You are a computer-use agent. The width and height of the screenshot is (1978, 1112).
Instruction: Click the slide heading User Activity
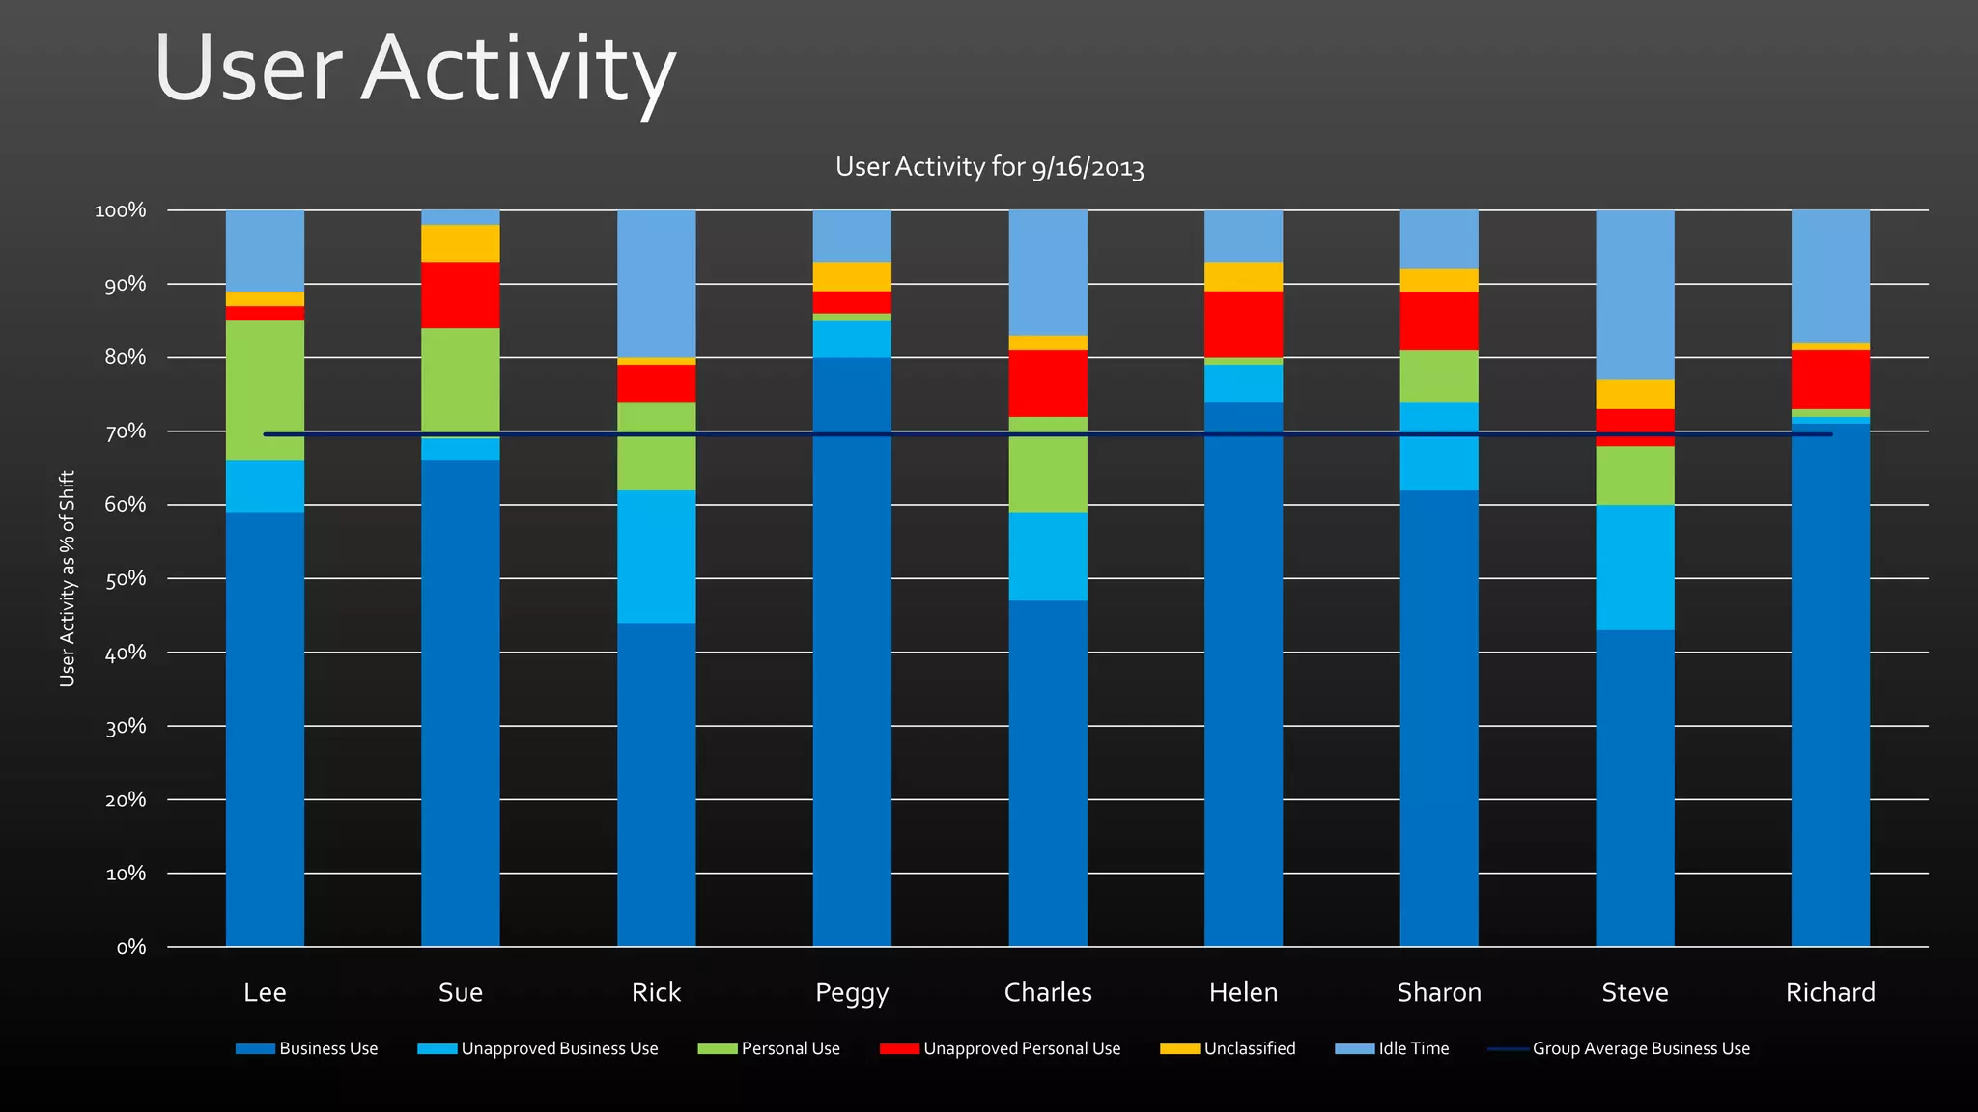[x=414, y=69]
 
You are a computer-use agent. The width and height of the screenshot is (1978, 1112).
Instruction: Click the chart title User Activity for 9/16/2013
[x=989, y=167]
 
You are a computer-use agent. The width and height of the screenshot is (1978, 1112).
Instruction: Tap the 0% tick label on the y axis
[x=130, y=947]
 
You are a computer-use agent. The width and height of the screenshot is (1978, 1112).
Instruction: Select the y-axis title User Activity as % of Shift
[x=67, y=578]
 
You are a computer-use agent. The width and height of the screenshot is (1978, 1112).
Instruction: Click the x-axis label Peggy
[x=851, y=992]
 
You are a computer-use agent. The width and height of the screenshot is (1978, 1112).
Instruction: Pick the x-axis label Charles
[x=1047, y=992]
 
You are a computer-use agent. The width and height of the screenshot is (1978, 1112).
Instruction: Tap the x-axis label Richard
[x=1829, y=992]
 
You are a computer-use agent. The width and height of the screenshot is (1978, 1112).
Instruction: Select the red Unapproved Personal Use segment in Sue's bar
[x=460, y=294]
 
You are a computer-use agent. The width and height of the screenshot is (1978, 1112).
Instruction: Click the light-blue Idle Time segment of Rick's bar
[x=656, y=283]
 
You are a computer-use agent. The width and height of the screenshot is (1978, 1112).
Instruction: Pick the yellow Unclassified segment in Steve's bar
[x=1634, y=394]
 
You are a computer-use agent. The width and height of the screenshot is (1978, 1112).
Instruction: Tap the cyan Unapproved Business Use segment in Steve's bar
[x=1634, y=567]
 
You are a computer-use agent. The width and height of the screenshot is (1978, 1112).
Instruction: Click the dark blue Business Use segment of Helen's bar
[x=1243, y=676]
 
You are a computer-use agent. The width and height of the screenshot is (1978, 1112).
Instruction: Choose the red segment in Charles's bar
[x=1047, y=383]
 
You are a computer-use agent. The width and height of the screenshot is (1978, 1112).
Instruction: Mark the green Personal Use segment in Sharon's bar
[x=1438, y=375]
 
